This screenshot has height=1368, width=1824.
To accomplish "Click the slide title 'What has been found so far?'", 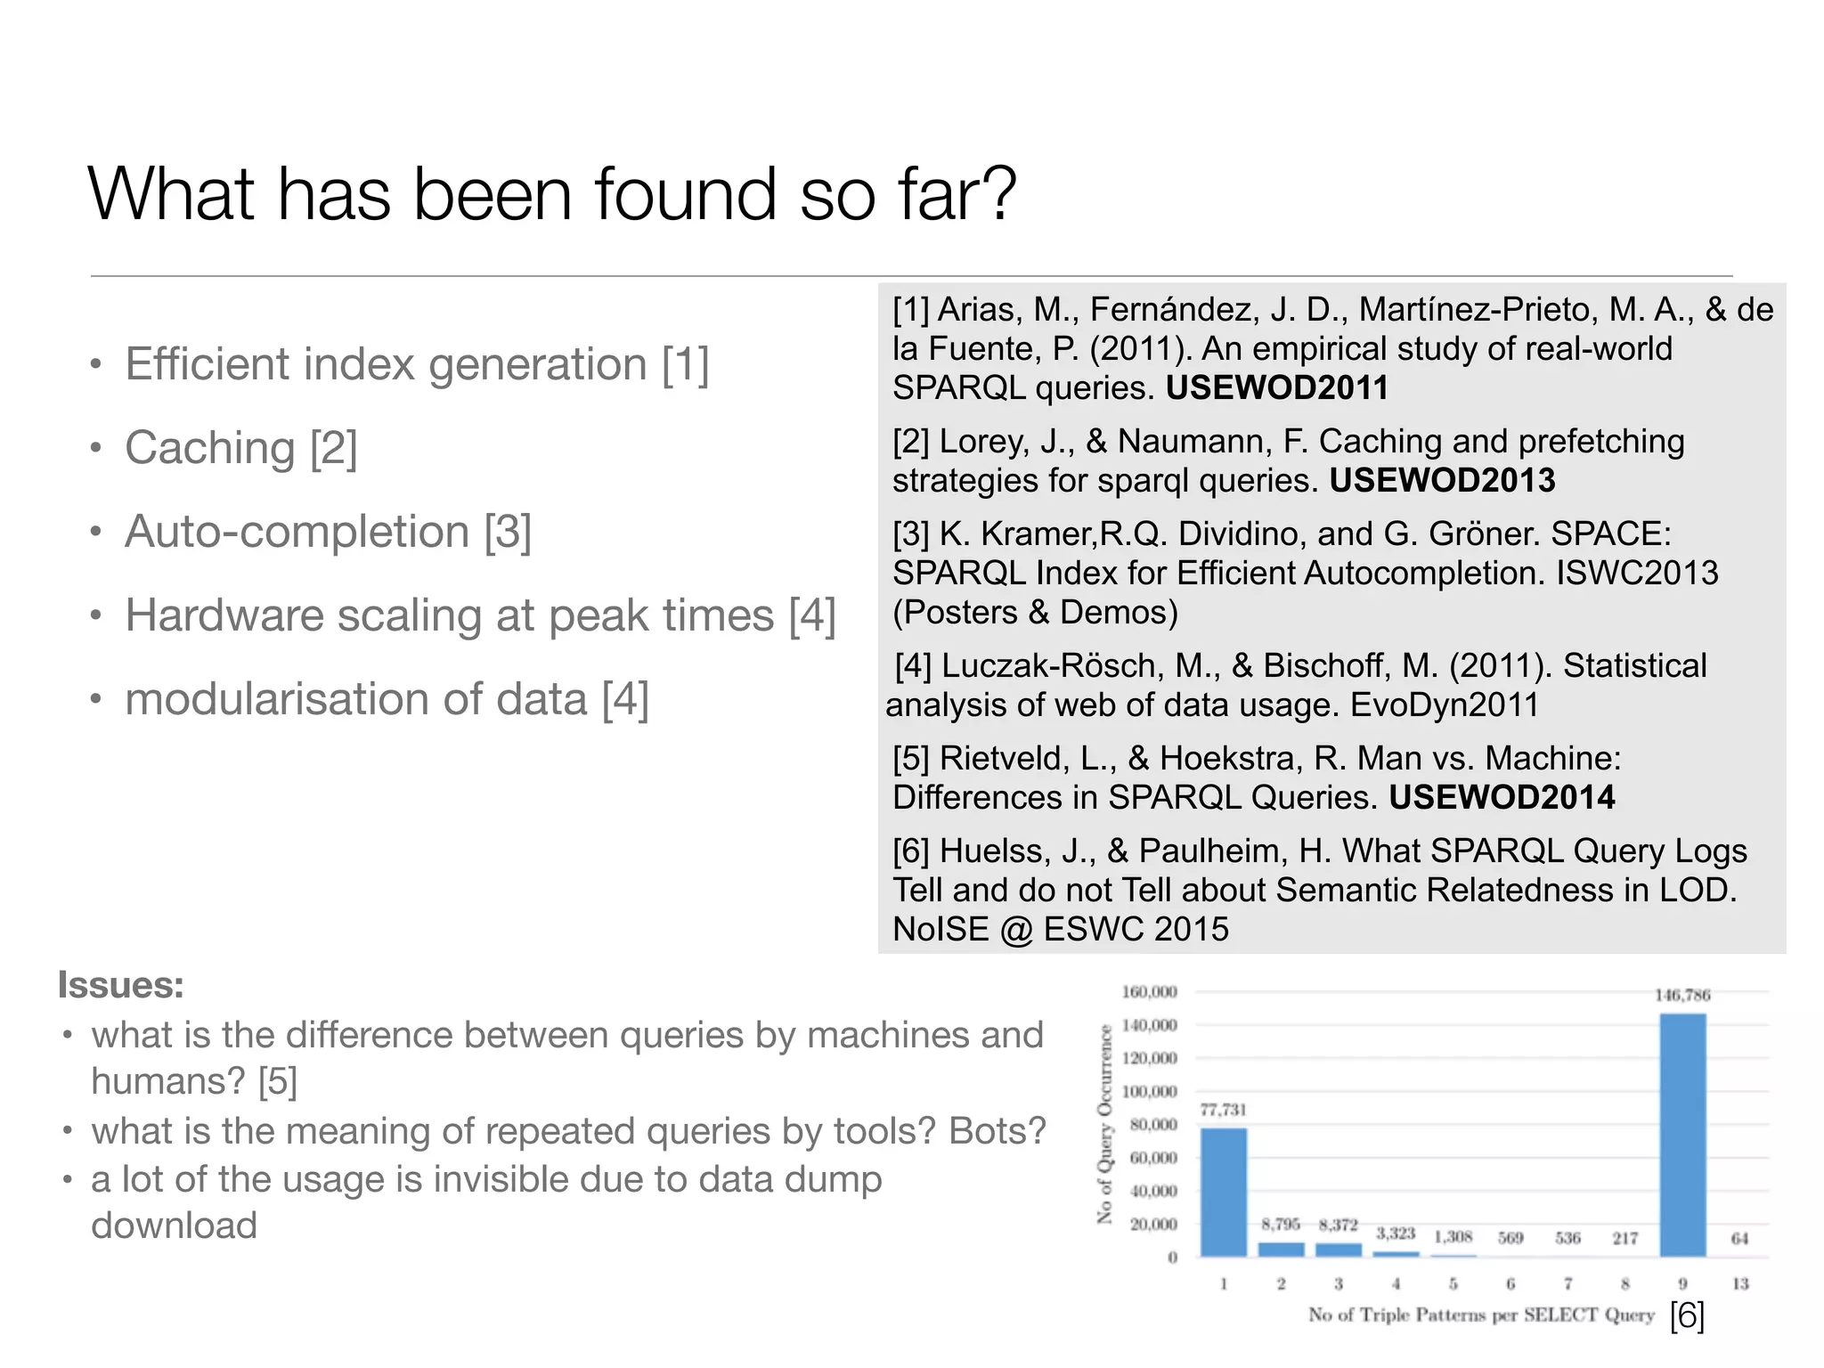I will click(x=552, y=193).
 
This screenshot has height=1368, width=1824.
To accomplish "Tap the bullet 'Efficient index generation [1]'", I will click(x=417, y=363).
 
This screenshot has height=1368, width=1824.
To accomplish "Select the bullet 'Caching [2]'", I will click(x=240, y=447).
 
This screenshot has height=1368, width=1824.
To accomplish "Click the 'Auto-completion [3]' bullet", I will click(x=328, y=531).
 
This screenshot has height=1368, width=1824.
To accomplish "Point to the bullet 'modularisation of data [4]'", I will click(x=387, y=698).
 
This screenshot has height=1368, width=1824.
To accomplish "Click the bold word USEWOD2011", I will click(x=1277, y=387).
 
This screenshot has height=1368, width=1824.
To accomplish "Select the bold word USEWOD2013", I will click(x=1442, y=480).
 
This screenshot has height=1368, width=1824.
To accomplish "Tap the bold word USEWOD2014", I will click(x=1502, y=797).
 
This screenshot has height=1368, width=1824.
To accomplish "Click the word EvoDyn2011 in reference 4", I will click(x=1445, y=704).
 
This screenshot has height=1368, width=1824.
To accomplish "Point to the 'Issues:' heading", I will click(x=121, y=985).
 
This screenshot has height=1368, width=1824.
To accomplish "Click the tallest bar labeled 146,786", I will click(x=1682, y=1135).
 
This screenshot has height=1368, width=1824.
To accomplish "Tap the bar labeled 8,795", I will click(x=1281, y=1249).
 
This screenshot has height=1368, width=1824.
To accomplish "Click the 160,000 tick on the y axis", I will click(x=1149, y=992).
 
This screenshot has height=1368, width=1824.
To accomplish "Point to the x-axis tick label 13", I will click(x=1740, y=1283).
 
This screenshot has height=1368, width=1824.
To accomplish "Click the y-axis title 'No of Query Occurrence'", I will click(x=1105, y=1123).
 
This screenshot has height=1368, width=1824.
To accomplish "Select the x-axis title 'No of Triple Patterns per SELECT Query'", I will click(x=1480, y=1315).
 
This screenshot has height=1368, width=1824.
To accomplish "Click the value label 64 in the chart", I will click(x=1739, y=1238).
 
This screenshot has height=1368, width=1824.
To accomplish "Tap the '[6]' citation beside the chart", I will click(x=1687, y=1315).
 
